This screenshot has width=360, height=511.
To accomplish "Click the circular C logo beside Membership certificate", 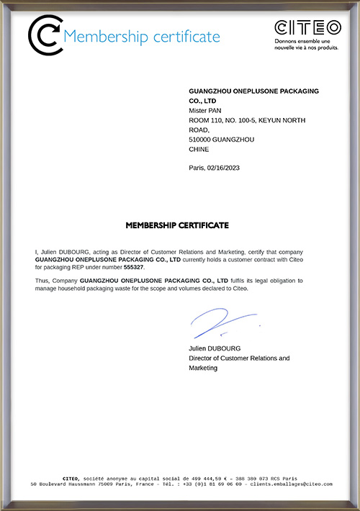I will [x=45, y=35].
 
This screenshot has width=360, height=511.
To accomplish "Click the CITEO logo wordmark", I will [x=308, y=28].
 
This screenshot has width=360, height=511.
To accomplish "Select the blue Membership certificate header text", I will [x=142, y=36].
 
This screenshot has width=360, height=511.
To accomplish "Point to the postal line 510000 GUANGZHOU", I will [x=221, y=140].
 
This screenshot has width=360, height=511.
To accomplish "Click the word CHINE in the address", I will [x=199, y=150].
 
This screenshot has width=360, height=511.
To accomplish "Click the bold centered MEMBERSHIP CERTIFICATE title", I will [x=177, y=225].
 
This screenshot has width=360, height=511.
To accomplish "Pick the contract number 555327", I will [x=134, y=267].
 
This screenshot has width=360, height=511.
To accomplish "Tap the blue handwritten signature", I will [x=219, y=322].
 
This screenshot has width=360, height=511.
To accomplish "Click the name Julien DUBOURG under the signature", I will [x=215, y=348].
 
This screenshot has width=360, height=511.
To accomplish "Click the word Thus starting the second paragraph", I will [x=43, y=279].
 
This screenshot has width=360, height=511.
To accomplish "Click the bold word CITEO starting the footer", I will [x=71, y=478].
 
